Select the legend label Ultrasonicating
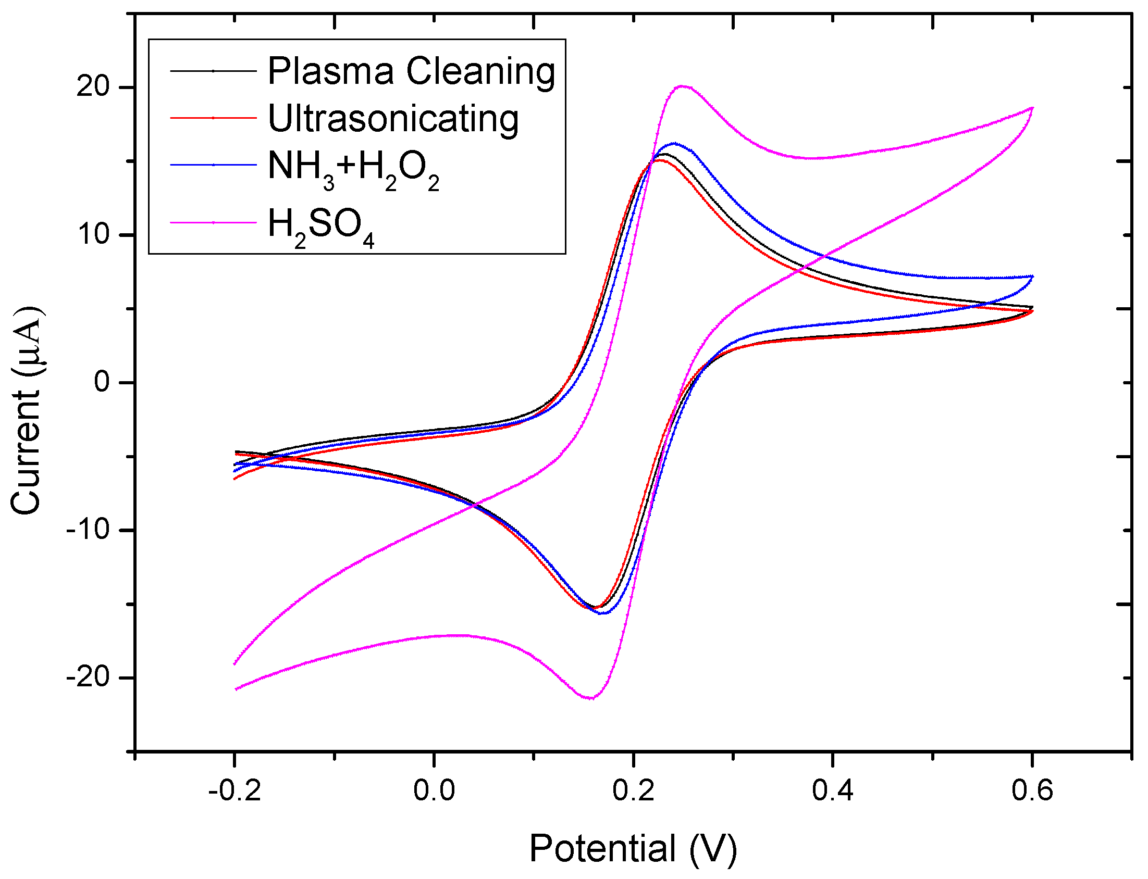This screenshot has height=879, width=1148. click(392, 119)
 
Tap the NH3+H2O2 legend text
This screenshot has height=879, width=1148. click(353, 169)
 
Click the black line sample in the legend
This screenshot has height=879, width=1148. click(213, 71)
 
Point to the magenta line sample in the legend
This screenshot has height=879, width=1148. click(213, 222)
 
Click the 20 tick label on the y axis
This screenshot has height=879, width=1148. click(93, 86)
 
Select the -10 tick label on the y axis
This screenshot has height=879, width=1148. click(88, 530)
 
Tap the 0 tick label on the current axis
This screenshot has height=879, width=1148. click(102, 382)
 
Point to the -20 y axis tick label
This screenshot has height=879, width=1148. click(88, 677)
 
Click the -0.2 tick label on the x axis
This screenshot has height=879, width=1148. click(234, 790)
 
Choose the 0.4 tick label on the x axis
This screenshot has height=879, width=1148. click(832, 790)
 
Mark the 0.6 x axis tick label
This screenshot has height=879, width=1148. click(1032, 790)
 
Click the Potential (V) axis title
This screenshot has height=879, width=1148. click(633, 848)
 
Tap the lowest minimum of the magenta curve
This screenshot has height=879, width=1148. click(590, 698)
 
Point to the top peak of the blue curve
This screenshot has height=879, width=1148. click(674, 143)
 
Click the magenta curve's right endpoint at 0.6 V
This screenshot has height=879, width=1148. click(1032, 108)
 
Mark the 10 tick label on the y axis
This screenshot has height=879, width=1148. click(93, 234)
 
